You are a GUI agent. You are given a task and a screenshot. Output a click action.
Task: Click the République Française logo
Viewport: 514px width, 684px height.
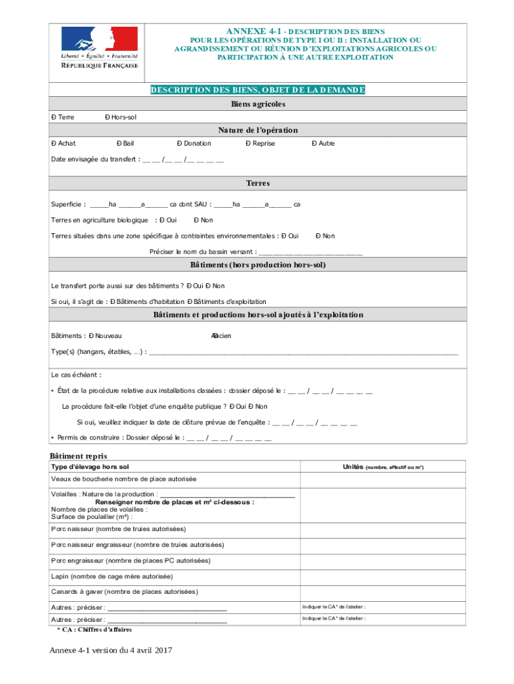point(99,48)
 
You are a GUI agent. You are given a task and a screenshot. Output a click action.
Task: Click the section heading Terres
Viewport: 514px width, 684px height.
point(258,183)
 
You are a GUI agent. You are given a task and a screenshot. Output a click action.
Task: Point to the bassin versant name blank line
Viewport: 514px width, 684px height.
point(310,252)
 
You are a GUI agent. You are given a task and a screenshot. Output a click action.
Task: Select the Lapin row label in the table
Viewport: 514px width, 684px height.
point(111,576)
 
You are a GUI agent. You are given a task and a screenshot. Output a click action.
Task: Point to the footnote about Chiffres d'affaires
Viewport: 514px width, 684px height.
point(94,629)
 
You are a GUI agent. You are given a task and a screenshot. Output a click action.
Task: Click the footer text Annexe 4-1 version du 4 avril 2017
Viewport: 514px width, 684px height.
point(110,651)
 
